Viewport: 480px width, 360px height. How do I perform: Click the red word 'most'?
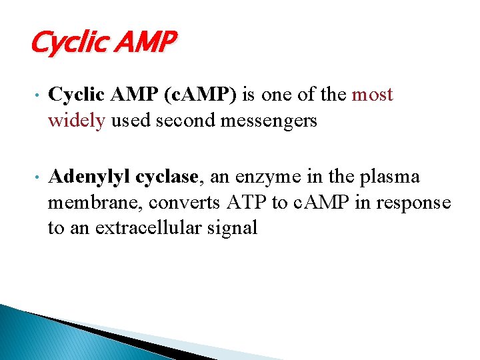[x=372, y=95]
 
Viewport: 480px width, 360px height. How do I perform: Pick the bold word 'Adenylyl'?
[x=90, y=177]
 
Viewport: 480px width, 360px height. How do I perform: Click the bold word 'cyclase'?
[x=167, y=177]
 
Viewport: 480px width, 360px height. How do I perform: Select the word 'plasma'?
[x=396, y=177]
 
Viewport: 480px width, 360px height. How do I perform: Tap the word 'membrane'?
[x=95, y=203]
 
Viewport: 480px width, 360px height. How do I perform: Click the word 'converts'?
[x=193, y=203]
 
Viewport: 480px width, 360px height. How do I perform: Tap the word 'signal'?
[x=233, y=228]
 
